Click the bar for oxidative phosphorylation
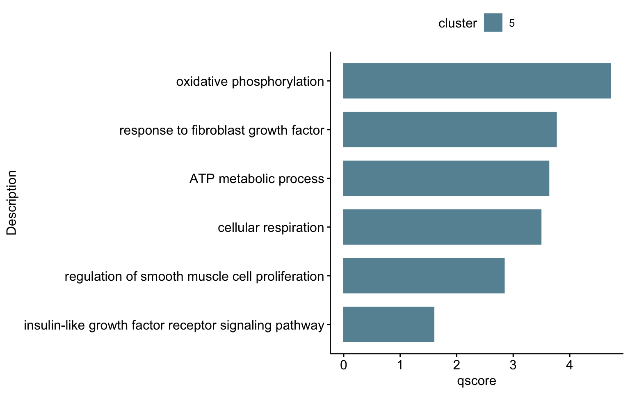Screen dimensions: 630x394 pyautogui.click(x=477, y=81)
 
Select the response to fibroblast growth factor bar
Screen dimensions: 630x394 pyautogui.click(x=450, y=129)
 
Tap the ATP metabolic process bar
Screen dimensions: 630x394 pyautogui.click(x=446, y=178)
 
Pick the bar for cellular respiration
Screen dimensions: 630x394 pyautogui.click(x=442, y=227)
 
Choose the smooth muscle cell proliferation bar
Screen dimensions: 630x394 pyautogui.click(x=424, y=276)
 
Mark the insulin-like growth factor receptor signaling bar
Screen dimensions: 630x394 pyautogui.click(x=389, y=325)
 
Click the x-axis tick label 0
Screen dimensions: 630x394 pyautogui.click(x=343, y=365)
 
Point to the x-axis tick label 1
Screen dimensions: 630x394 pyautogui.click(x=400, y=365)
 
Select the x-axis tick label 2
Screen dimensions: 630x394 pyautogui.click(x=457, y=365)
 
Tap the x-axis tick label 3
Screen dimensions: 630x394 pyautogui.click(x=513, y=365)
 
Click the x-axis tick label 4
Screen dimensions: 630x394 pyautogui.click(x=570, y=365)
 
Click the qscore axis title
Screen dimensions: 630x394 pyautogui.click(x=477, y=381)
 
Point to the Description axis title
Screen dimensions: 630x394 pyautogui.click(x=11, y=203)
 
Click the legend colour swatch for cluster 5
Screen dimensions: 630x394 pyautogui.click(x=493, y=23)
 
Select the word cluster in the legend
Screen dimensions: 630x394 pyautogui.click(x=458, y=23)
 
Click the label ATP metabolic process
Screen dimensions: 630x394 pyautogui.click(x=257, y=179)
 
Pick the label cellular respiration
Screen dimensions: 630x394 pyautogui.click(x=271, y=228)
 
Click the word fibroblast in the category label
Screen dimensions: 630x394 pyautogui.click(x=218, y=131)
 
